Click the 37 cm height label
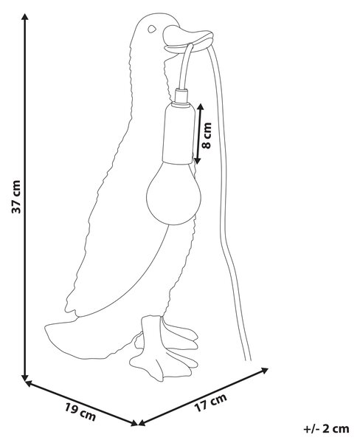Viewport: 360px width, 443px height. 16,196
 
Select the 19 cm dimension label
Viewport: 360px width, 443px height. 80,412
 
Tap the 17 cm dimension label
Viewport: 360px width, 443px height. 211,402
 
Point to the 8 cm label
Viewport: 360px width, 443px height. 207,136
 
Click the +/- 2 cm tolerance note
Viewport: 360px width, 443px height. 326,428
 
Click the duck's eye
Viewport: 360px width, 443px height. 152,29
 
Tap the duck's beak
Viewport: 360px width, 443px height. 188,39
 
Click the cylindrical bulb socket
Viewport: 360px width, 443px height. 179,134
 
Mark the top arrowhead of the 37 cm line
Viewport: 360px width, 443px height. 25,17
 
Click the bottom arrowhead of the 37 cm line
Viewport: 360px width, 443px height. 25,377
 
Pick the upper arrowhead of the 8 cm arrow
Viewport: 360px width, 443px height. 200,107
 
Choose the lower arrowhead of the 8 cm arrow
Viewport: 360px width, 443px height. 198,160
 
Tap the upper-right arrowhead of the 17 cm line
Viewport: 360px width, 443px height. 264,370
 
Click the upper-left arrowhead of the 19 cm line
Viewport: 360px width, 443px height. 29,383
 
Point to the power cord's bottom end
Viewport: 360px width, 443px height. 248,360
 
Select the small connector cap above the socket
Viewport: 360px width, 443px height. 181,96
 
